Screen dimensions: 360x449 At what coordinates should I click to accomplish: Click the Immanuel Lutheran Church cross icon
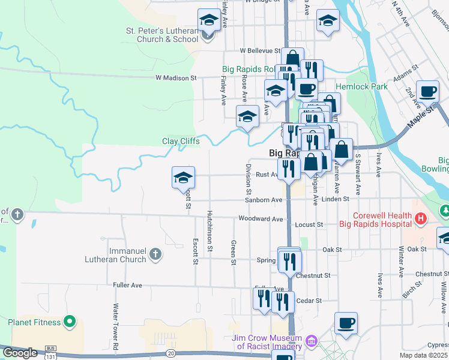[155, 254]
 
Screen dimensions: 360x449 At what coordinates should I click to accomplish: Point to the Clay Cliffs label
[181, 142]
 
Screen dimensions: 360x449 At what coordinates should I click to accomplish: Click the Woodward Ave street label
[260, 219]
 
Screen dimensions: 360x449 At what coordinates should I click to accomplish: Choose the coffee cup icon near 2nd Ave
[427, 92]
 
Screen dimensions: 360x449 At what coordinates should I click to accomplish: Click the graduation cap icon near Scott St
[184, 177]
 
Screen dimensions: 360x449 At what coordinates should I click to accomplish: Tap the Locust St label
[309, 224]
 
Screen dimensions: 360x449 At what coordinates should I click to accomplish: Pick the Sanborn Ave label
[264, 200]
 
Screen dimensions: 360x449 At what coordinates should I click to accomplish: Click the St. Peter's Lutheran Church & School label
[161, 35]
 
